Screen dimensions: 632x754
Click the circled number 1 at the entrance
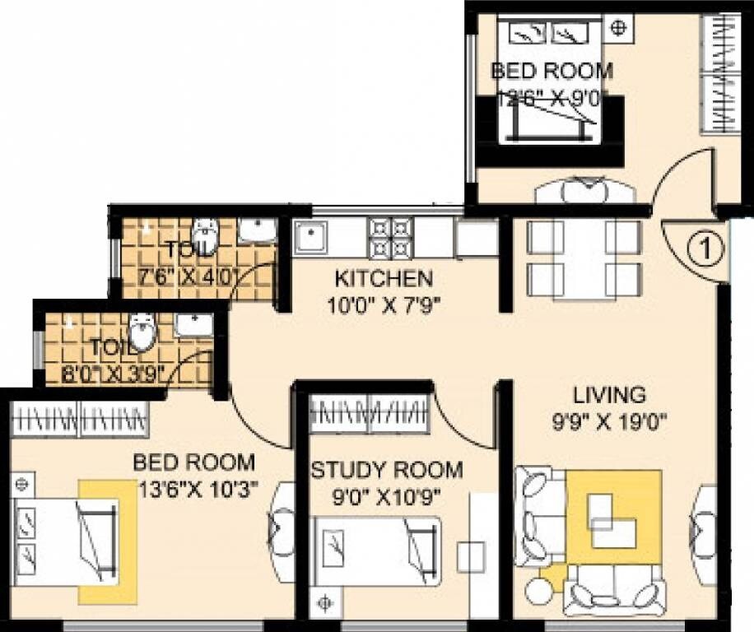(x=705, y=247)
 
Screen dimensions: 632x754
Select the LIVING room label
(x=610, y=393)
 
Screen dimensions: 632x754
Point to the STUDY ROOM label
(x=386, y=471)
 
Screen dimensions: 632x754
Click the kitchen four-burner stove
(x=389, y=237)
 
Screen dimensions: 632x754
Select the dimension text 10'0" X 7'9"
(x=382, y=306)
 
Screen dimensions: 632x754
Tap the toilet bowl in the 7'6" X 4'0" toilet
(x=204, y=236)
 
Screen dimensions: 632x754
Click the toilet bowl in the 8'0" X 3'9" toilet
(x=142, y=331)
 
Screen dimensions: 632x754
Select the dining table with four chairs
(x=583, y=258)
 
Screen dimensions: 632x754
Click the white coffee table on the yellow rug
(x=614, y=521)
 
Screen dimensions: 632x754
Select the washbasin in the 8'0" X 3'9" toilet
(x=193, y=325)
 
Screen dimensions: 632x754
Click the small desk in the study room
(x=471, y=557)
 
